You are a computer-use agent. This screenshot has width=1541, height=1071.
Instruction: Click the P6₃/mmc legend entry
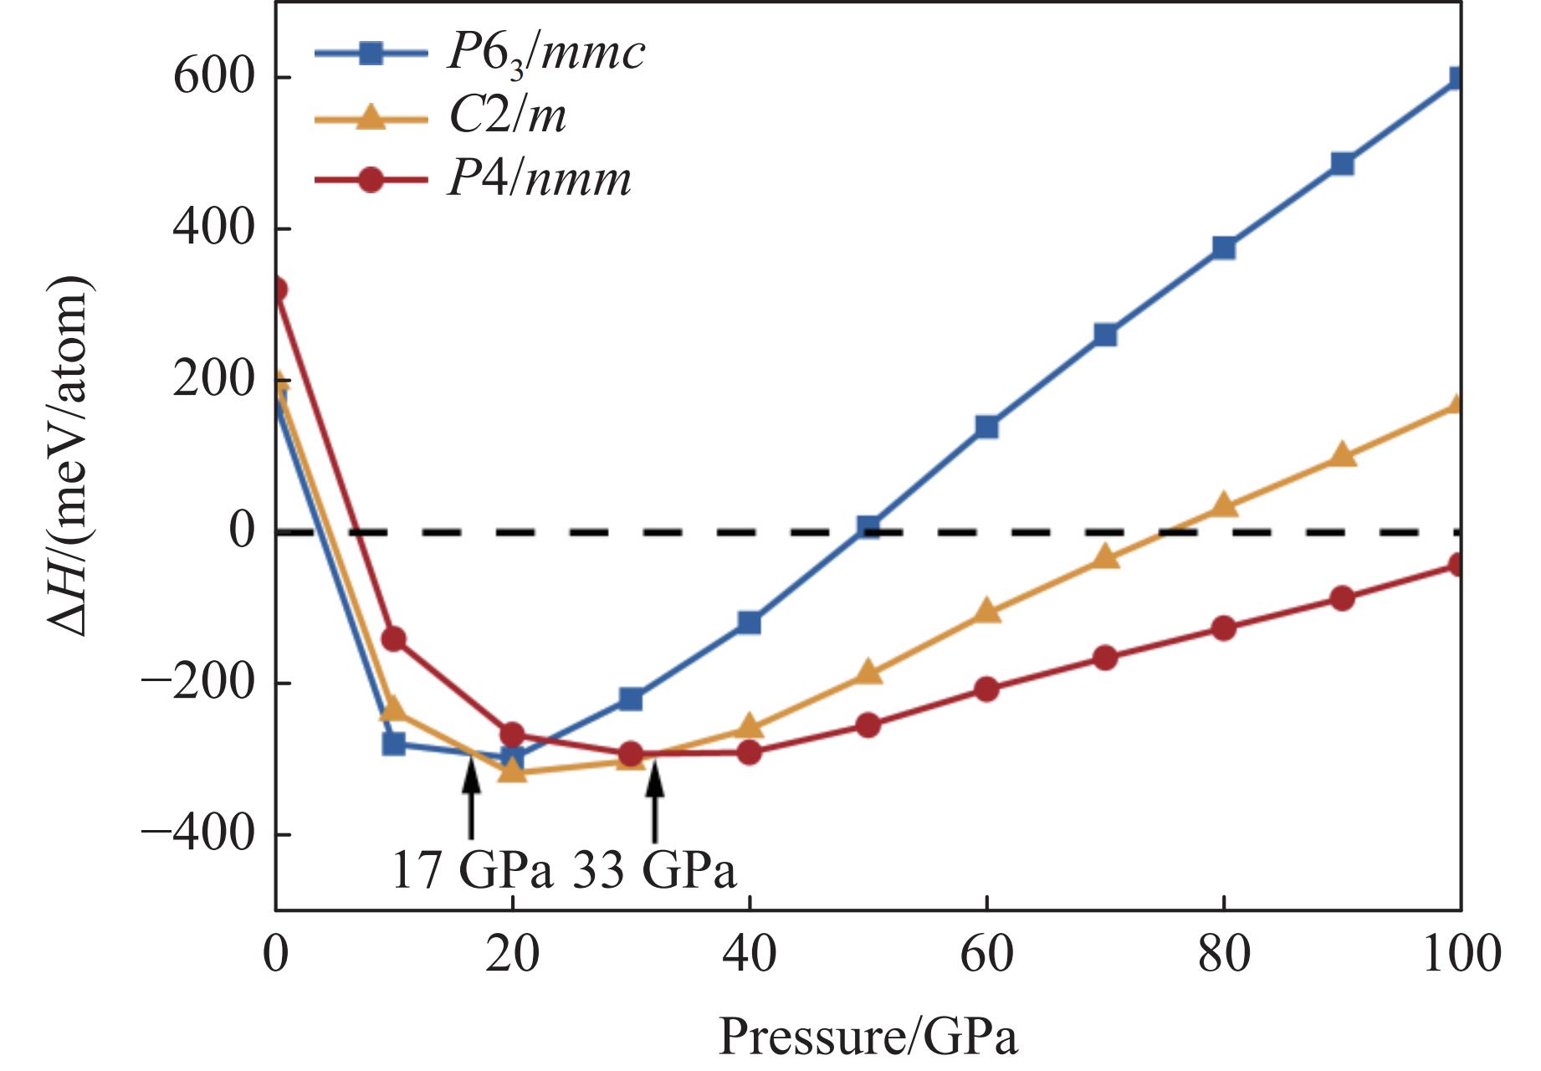pos(479,54)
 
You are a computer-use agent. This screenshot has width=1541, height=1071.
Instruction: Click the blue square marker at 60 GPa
pos(986,427)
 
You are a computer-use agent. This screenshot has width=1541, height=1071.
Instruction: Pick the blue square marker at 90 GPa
pos(1342,163)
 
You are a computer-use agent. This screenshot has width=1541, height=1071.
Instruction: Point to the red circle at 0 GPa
pos(278,290)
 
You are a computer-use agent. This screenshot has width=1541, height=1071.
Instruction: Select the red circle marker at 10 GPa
pos(393,639)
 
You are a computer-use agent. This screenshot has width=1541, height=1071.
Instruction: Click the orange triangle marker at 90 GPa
pos(1342,455)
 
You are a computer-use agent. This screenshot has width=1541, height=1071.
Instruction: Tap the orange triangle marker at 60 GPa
pos(986,611)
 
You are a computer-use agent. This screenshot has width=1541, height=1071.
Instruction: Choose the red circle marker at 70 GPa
pos(1105,658)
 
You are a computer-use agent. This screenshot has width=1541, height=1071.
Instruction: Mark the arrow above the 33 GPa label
pos(655,803)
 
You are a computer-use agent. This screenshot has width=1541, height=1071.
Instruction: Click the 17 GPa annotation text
pos(472,870)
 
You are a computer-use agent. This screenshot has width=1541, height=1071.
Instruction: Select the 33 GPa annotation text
pos(654,870)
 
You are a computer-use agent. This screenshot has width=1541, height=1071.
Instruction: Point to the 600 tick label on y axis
pos(213,78)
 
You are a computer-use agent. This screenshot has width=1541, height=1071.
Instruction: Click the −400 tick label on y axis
pos(198,834)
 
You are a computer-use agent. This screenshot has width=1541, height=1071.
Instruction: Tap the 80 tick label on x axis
pos(1224,954)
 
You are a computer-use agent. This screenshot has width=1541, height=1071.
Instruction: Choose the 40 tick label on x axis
pos(750,954)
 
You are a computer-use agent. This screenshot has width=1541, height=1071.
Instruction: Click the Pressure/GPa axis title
pos(868,1038)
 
